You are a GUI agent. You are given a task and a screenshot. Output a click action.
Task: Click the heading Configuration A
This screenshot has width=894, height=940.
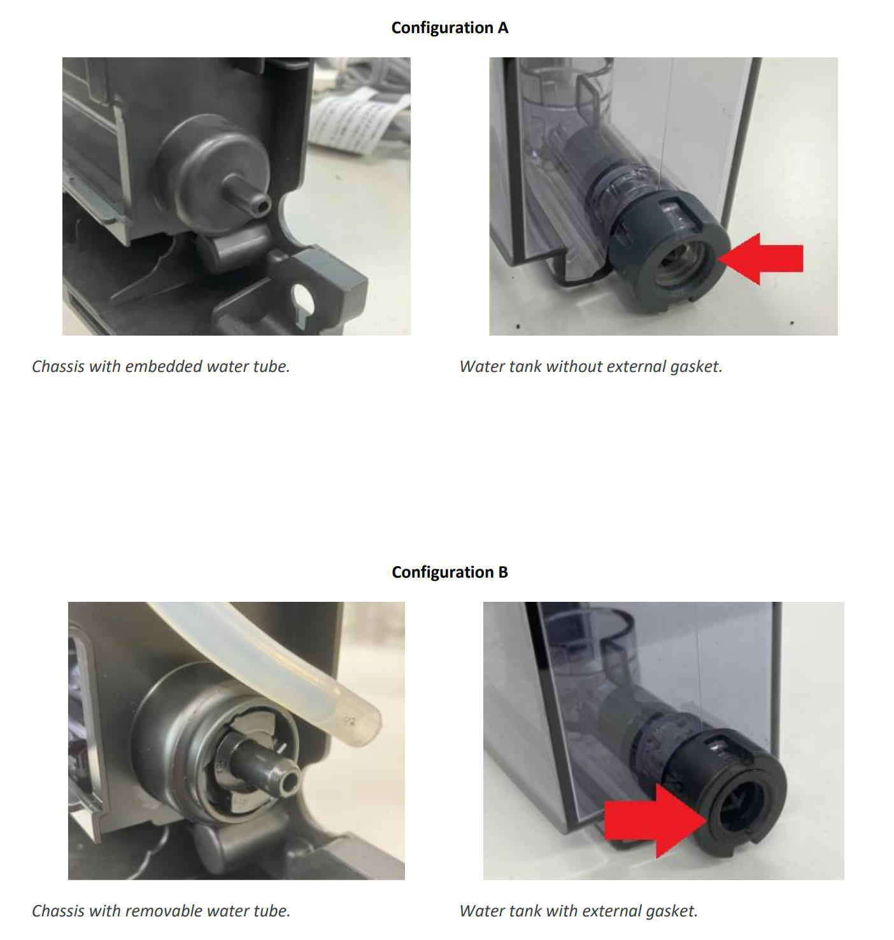click(450, 28)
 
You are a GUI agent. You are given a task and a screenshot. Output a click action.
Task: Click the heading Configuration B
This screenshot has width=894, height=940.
click(450, 572)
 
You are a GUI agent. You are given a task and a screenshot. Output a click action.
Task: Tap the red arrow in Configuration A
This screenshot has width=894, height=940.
click(761, 259)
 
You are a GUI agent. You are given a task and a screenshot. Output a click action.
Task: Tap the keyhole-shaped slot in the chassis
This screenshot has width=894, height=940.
click(302, 301)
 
